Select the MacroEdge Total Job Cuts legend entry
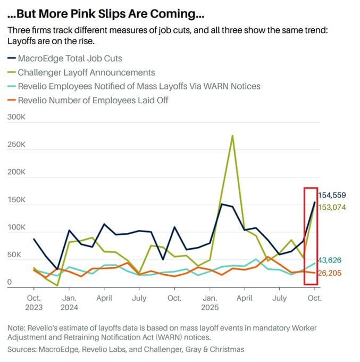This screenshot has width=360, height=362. pyautogui.click(x=73, y=58)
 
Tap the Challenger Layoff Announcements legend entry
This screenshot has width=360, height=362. pyautogui.click(x=86, y=72)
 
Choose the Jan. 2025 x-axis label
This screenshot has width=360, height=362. pyautogui.click(x=210, y=302)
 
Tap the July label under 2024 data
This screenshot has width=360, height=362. pyautogui.click(x=139, y=298)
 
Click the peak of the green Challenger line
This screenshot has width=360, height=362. pyautogui.click(x=232, y=136)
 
